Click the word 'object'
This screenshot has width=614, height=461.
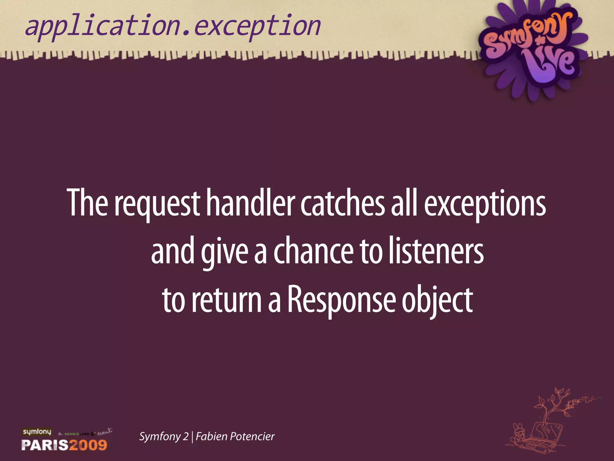coord(437,300)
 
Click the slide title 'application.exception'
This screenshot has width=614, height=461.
coord(173,26)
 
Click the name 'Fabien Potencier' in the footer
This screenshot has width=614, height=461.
coord(235,436)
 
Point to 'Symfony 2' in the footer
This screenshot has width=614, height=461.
coord(164,436)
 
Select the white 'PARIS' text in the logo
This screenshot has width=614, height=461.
coord(45,445)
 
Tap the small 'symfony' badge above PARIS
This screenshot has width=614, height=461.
coord(37,432)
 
